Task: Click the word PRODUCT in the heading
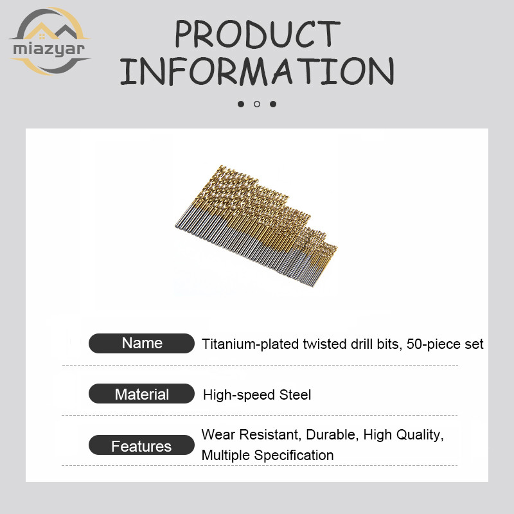tap(258, 34)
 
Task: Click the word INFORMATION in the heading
tap(257, 71)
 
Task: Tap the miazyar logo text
tap(49, 49)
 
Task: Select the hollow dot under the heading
tap(257, 104)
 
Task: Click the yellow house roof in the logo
tap(40, 31)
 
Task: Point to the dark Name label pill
tap(141, 343)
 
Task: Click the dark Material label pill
tap(141, 394)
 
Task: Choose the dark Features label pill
tap(141, 445)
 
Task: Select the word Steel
tap(295, 394)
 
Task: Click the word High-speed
tap(239, 395)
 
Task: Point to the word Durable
tap(330, 435)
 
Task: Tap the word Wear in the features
tap(218, 435)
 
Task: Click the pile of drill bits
tap(256, 226)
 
